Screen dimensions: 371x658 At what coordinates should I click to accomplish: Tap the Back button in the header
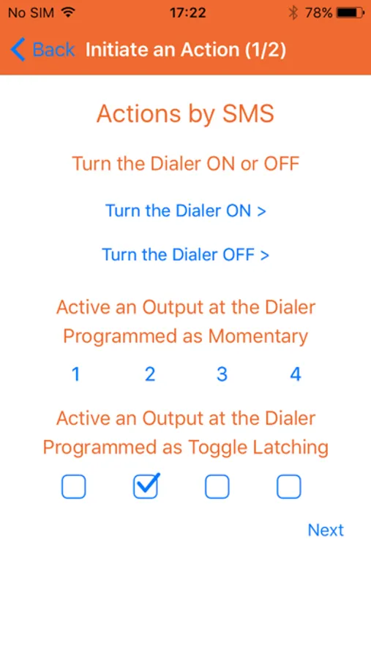click(42, 50)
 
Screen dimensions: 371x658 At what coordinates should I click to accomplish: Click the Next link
click(326, 530)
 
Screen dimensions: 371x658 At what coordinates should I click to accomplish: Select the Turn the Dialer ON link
click(186, 211)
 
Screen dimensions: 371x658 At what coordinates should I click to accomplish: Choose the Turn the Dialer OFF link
click(186, 254)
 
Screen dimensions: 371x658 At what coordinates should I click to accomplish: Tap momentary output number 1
click(75, 374)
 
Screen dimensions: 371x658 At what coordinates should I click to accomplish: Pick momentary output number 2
click(150, 374)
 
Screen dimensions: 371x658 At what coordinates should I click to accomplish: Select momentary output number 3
click(222, 374)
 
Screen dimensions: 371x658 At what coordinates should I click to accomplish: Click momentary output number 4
click(296, 374)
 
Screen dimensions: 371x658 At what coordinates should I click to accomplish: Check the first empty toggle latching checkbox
click(73, 487)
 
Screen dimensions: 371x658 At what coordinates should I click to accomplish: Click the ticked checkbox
click(146, 486)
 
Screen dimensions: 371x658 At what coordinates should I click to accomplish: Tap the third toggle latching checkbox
click(217, 487)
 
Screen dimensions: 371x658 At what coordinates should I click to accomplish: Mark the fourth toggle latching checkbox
click(288, 487)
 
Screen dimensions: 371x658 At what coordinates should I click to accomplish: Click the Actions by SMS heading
click(185, 114)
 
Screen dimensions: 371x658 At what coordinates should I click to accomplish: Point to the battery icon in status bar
click(351, 13)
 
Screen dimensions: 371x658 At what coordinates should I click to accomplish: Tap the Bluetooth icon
click(293, 13)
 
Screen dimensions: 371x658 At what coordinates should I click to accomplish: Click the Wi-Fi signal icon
click(67, 12)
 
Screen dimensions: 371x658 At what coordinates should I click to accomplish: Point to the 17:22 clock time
click(188, 13)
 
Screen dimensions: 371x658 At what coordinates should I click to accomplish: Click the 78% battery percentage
click(319, 13)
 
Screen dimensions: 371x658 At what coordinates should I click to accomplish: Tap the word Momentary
click(258, 336)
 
